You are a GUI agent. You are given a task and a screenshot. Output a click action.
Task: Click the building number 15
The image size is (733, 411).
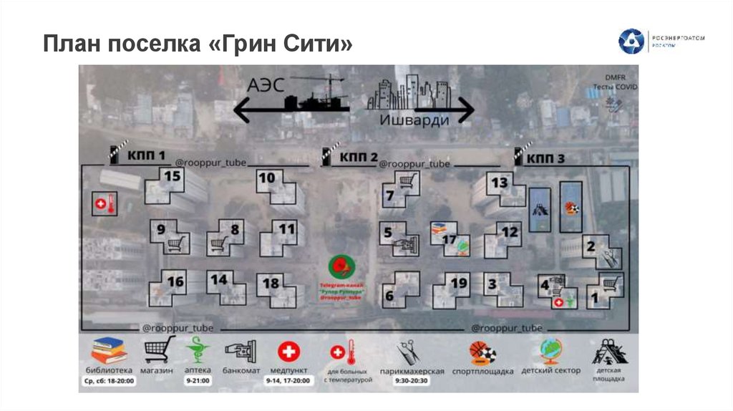pyautogui.click(x=173, y=175)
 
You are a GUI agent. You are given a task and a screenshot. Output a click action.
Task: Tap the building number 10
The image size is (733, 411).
pyautogui.click(x=267, y=178)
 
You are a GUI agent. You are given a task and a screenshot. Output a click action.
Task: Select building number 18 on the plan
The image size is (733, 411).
pyautogui.click(x=271, y=283)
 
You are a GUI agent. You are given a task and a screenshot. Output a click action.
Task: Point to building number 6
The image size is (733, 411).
pyautogui.click(x=389, y=296)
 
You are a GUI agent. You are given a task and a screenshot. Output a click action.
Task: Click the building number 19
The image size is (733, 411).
pyautogui.click(x=459, y=283)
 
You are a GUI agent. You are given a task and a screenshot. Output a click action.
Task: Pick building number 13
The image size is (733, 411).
pyautogui.click(x=499, y=183)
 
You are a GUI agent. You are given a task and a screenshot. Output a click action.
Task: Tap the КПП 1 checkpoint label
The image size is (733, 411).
pyautogui.click(x=147, y=155)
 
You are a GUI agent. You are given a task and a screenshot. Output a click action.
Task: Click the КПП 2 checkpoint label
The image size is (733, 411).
pyautogui.click(x=359, y=155)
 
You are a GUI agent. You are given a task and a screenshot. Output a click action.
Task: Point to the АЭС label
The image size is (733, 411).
pyautogui.click(x=266, y=85)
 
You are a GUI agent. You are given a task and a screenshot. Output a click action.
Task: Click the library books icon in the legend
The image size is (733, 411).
pyautogui.click(x=109, y=349)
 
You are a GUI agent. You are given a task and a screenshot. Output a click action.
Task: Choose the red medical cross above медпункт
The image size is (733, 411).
pyautogui.click(x=289, y=351)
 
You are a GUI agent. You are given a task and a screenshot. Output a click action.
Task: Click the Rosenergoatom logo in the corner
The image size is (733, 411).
pyautogui.click(x=631, y=42)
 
